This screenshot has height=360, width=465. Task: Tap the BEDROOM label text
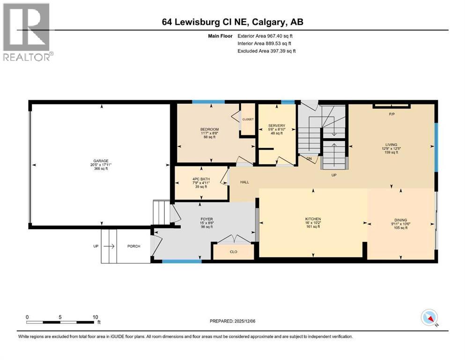[210, 129]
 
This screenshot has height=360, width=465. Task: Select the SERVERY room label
[276, 125]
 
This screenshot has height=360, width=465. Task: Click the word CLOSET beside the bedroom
[248, 120]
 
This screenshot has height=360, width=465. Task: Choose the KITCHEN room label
[313, 219]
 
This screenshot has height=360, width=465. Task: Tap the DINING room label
[400, 220]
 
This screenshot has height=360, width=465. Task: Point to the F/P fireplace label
[391, 114]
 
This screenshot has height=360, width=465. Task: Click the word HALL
[244, 182]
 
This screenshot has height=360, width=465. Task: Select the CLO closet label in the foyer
[233, 252]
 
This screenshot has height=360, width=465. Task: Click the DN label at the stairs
[309, 158]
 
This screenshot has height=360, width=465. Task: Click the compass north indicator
[429, 318]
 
